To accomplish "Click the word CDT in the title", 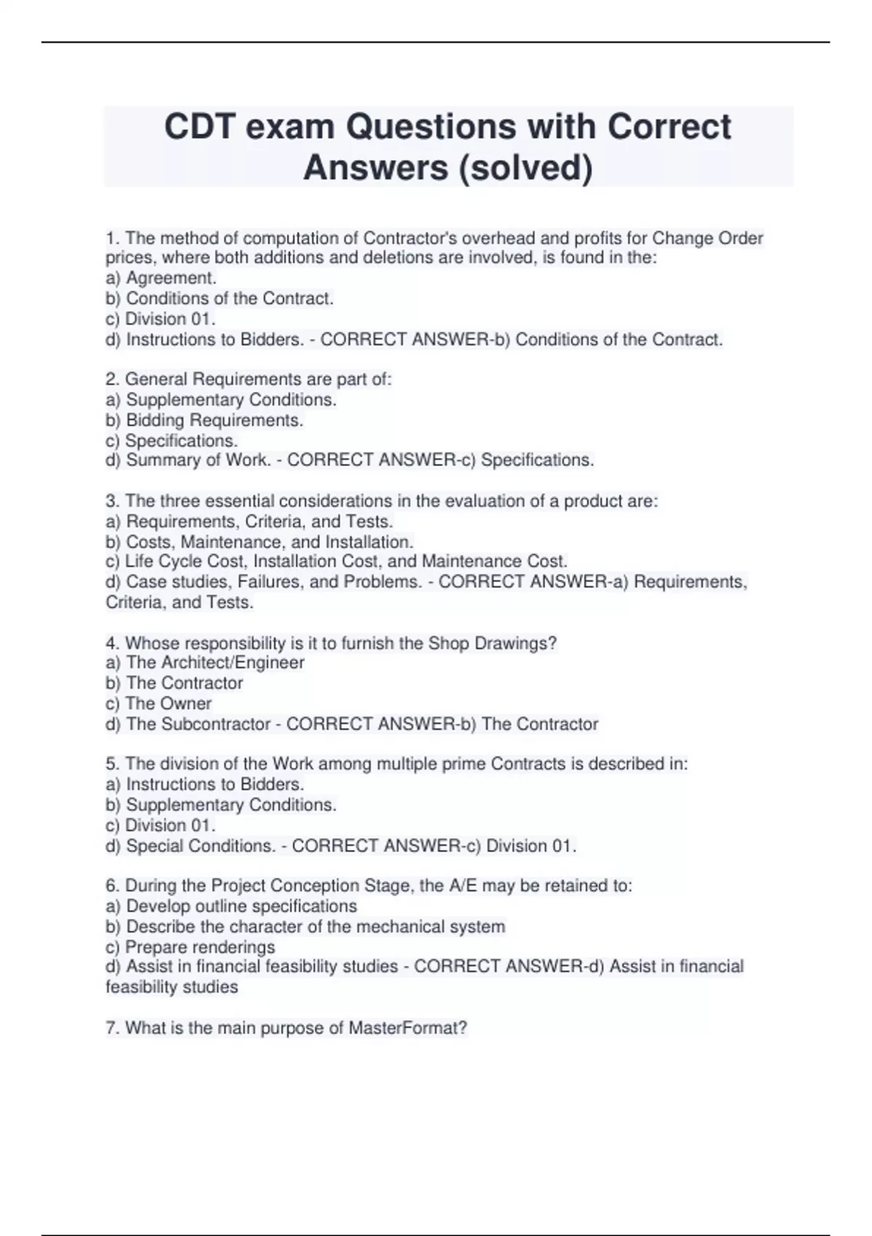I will tap(199, 127).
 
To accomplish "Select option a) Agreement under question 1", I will tap(161, 278).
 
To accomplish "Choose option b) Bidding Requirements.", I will tap(204, 420).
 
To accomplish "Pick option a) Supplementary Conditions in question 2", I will tap(221, 400).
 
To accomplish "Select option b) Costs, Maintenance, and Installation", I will tap(259, 542).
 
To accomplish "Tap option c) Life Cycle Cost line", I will tap(336, 561).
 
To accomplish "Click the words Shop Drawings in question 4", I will tap(490, 643).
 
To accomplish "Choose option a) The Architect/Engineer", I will tap(205, 662).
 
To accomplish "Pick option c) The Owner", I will tap(158, 703).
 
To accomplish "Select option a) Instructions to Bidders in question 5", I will tap(205, 784).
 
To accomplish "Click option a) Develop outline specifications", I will tap(231, 906).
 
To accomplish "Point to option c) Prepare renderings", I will tap(190, 947).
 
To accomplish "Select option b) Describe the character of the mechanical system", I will tap(305, 927).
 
